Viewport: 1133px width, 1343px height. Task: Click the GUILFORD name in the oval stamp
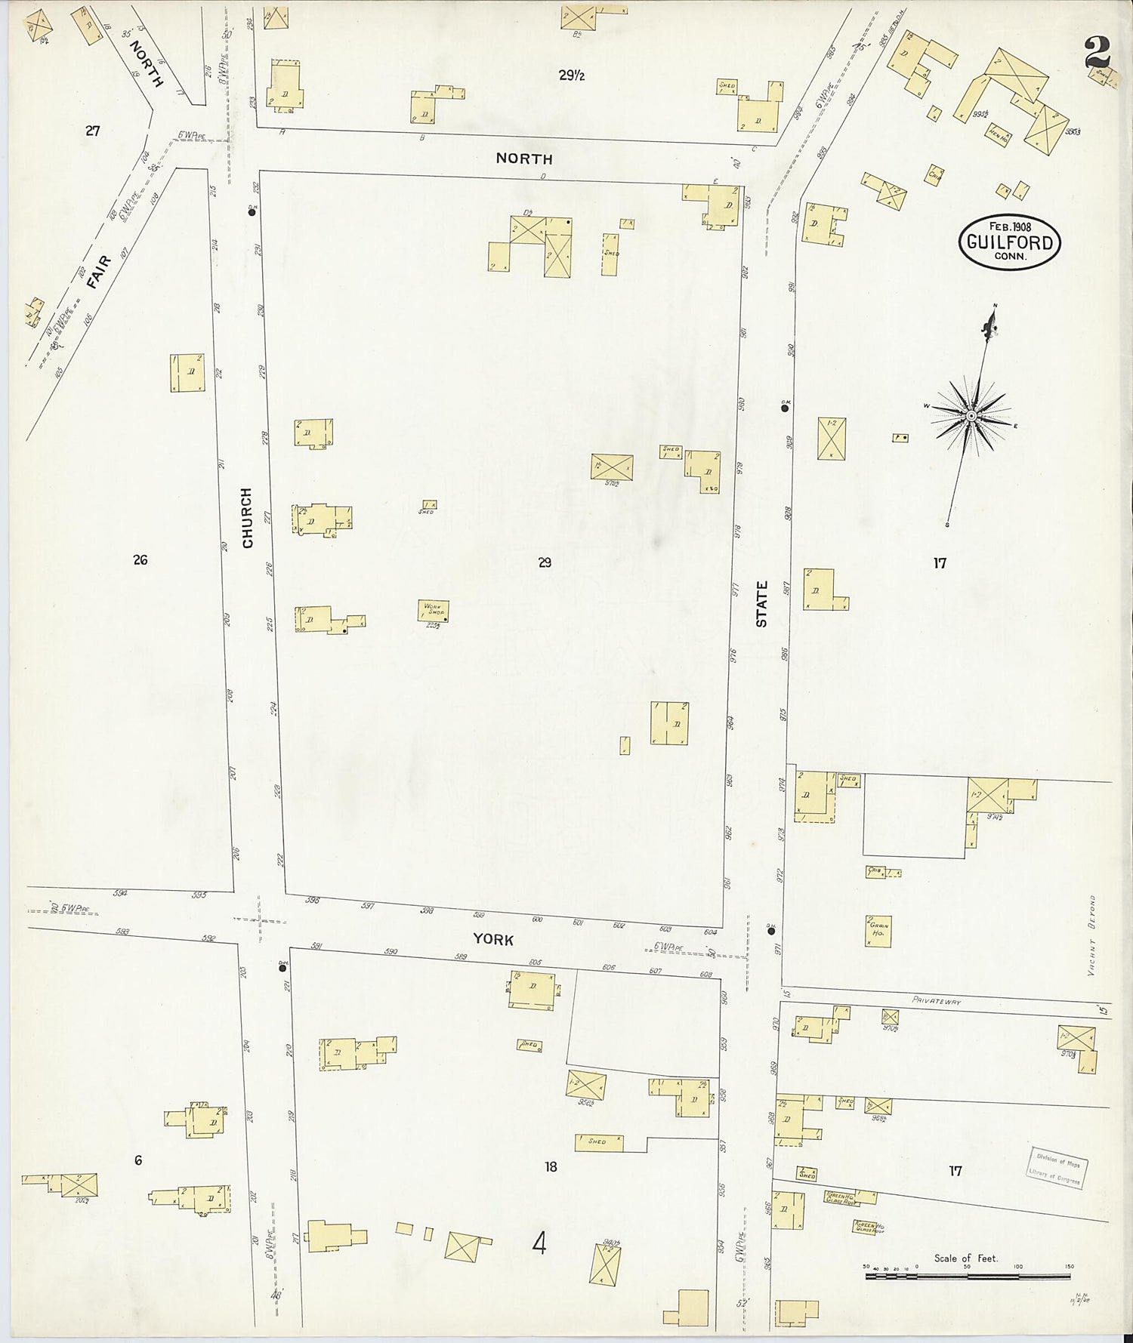(1010, 243)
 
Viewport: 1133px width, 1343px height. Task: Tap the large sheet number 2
(1097, 53)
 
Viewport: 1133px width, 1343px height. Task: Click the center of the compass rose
(971, 416)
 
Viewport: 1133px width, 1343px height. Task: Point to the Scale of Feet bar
(968, 1277)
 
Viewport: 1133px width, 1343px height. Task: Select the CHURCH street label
(247, 517)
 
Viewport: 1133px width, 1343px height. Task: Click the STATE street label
(761, 603)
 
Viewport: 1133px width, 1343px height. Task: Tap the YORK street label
(493, 939)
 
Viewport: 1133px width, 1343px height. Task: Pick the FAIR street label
(98, 272)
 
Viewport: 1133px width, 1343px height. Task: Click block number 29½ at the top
(572, 75)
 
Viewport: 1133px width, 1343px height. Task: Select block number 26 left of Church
(140, 559)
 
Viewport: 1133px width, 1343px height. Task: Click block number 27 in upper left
(92, 131)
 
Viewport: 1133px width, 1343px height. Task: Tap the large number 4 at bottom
(539, 1243)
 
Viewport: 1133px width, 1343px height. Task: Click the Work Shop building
(433, 610)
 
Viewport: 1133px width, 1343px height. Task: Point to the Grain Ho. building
(878, 931)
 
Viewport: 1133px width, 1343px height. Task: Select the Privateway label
(936, 1000)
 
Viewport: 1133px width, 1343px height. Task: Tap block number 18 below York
(551, 1166)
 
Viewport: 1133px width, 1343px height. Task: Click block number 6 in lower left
(138, 1160)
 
